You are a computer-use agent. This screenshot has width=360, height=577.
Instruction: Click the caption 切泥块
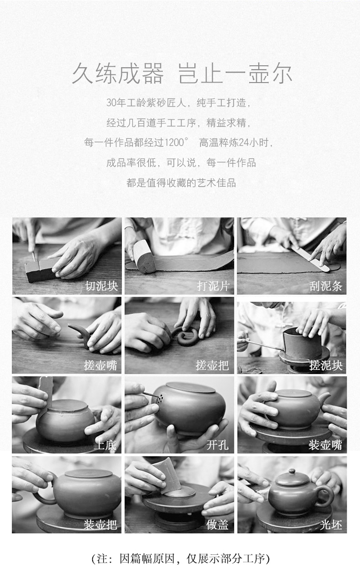coord(101,286)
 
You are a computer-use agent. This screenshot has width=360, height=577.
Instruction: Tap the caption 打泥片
coord(213,286)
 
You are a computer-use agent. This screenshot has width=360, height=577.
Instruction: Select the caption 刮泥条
coord(326,286)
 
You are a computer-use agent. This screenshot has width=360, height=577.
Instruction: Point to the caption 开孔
coord(217,445)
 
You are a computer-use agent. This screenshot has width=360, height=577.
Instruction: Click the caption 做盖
coord(217,525)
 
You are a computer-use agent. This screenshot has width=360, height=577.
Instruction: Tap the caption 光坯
coord(331,525)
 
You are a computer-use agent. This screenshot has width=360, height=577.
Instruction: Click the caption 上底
coord(105,445)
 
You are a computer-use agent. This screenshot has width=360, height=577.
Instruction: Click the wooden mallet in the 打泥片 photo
coord(144,256)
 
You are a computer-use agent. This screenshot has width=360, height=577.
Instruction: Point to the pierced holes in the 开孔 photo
coord(160,398)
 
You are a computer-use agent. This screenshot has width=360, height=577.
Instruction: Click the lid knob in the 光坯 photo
coord(292,471)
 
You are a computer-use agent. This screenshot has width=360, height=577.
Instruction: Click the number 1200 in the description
coord(174,143)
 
